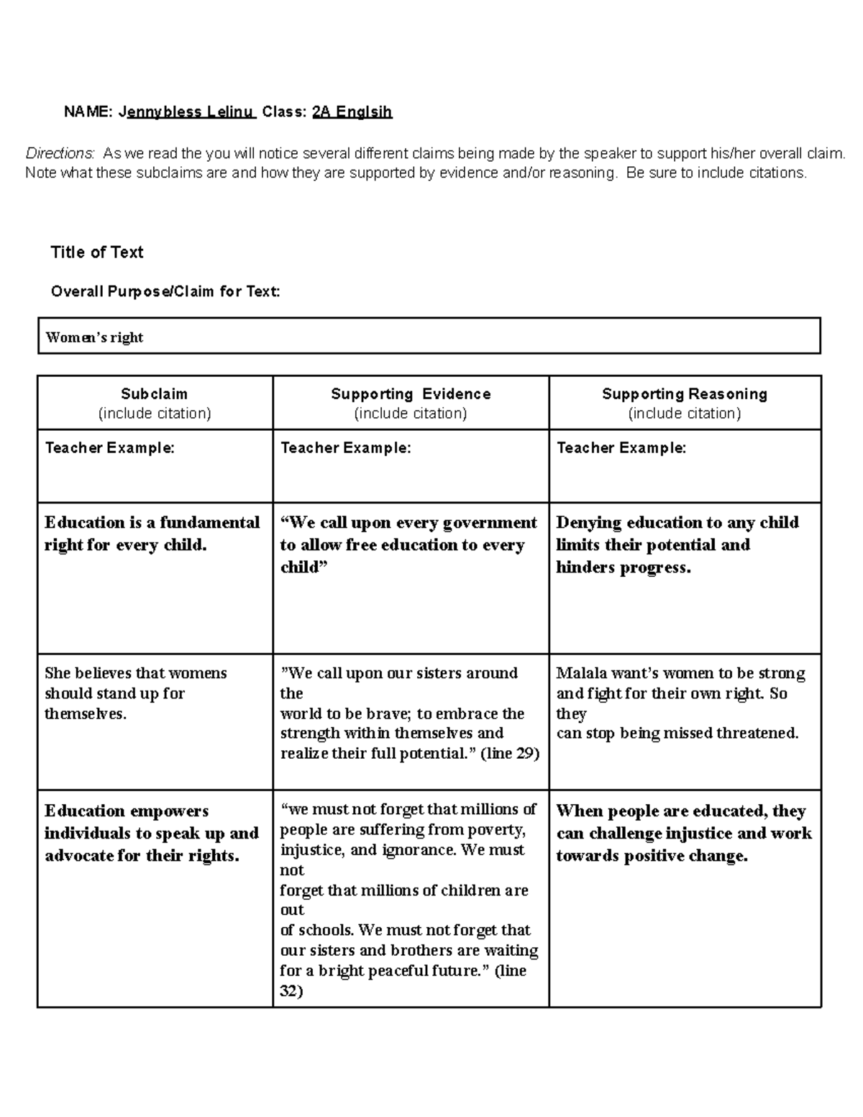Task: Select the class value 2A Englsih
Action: click(352, 112)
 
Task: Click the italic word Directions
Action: click(60, 153)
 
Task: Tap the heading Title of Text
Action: click(97, 252)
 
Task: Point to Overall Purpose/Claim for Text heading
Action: click(165, 291)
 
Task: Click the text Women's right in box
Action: click(94, 337)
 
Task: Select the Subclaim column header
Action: click(154, 394)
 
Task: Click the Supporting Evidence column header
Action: click(411, 394)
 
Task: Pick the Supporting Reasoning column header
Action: click(684, 394)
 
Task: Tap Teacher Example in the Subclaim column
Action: click(109, 448)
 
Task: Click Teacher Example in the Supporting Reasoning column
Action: click(621, 448)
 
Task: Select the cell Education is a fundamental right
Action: click(152, 534)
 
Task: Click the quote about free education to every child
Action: click(407, 544)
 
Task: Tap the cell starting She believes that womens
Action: click(135, 693)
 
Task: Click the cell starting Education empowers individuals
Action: click(151, 833)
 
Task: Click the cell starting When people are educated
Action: click(683, 833)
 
